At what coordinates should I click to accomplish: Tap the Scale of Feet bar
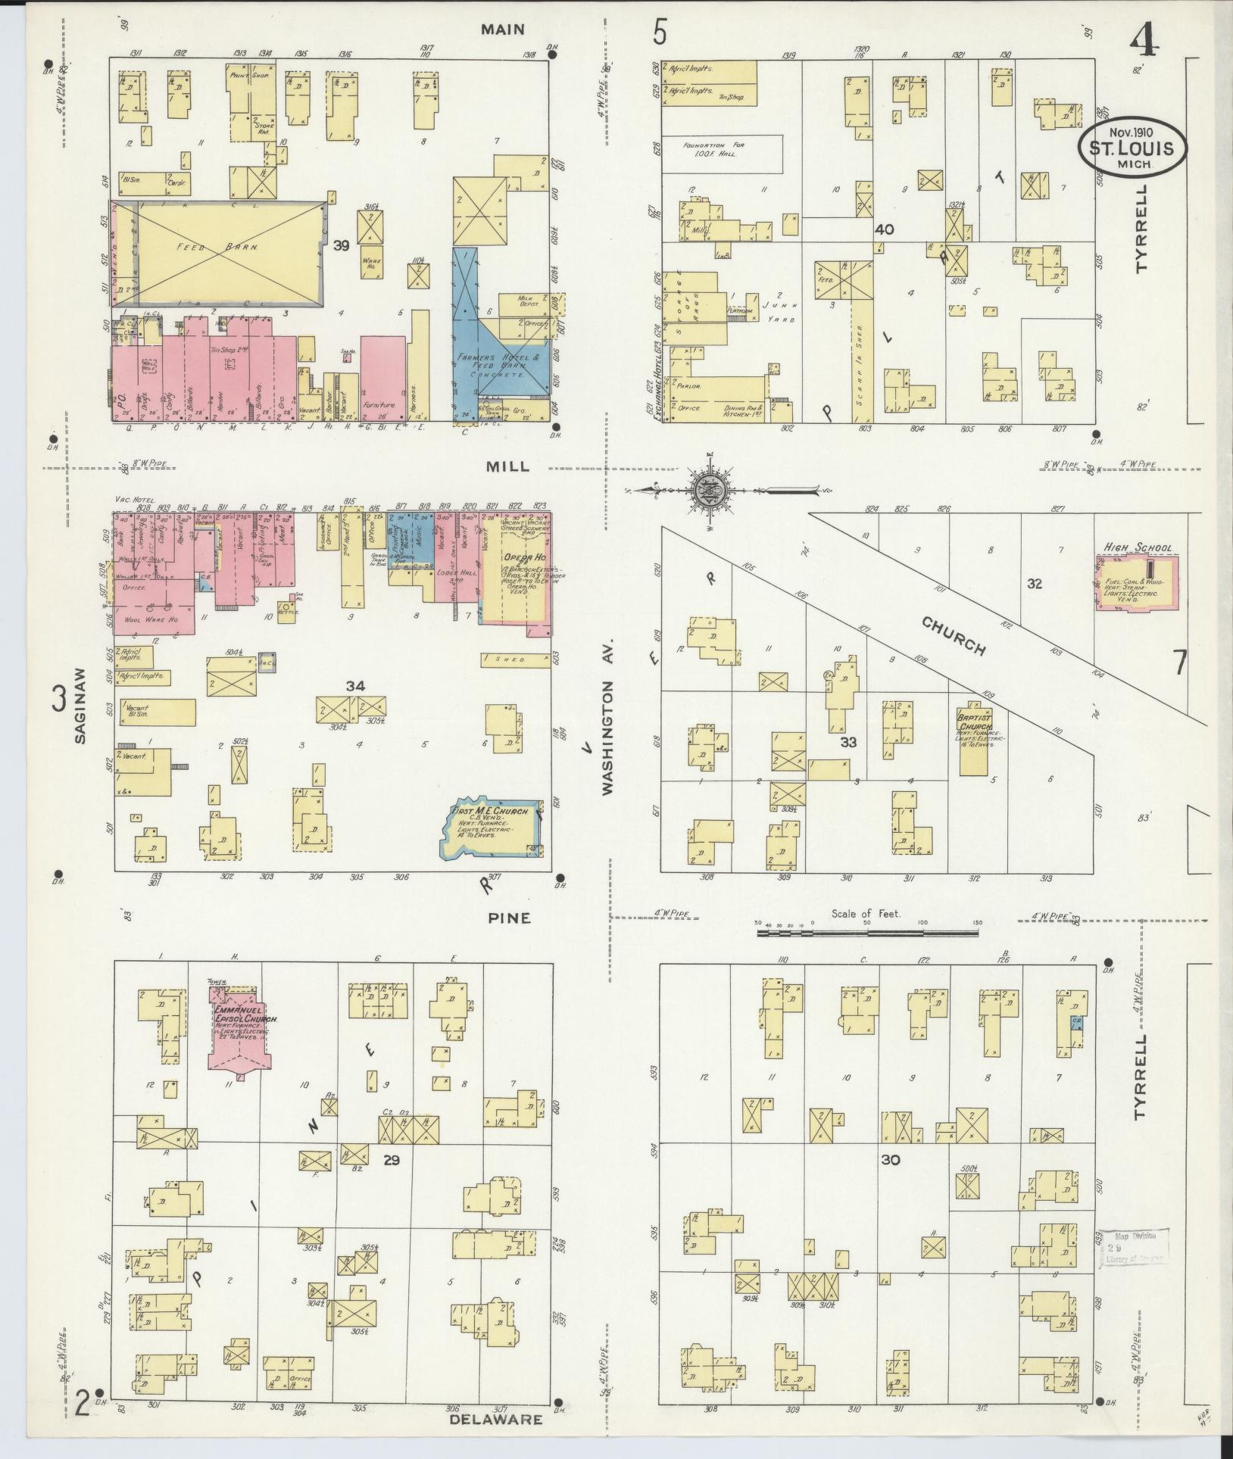tap(866, 933)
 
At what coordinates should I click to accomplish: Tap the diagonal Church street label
tap(954, 635)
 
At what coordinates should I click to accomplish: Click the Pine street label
tap(509, 918)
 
